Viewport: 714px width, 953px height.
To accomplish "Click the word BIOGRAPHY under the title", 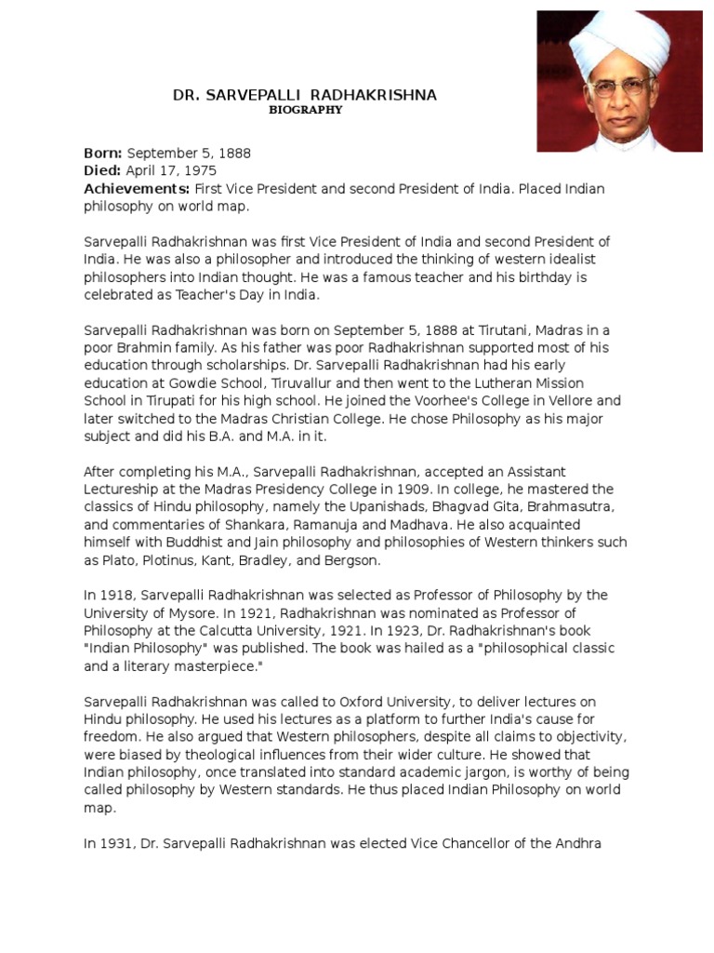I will point(306,110).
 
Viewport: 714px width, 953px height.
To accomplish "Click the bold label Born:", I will point(103,153).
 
